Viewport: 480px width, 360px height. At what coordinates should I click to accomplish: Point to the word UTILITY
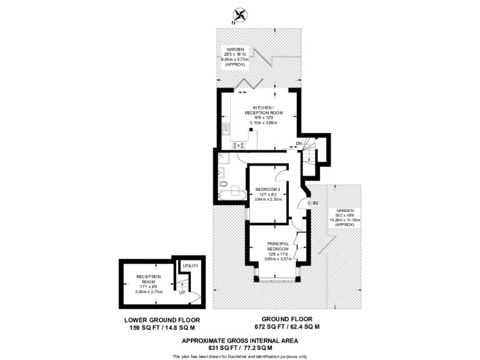[191, 266]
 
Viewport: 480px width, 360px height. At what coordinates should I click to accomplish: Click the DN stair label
[299, 143]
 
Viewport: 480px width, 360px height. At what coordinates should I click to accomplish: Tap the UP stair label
[182, 292]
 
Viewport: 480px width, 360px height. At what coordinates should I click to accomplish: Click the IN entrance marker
[316, 203]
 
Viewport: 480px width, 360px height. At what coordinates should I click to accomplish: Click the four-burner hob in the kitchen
[238, 145]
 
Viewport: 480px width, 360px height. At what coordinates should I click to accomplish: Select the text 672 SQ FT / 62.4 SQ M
[287, 327]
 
